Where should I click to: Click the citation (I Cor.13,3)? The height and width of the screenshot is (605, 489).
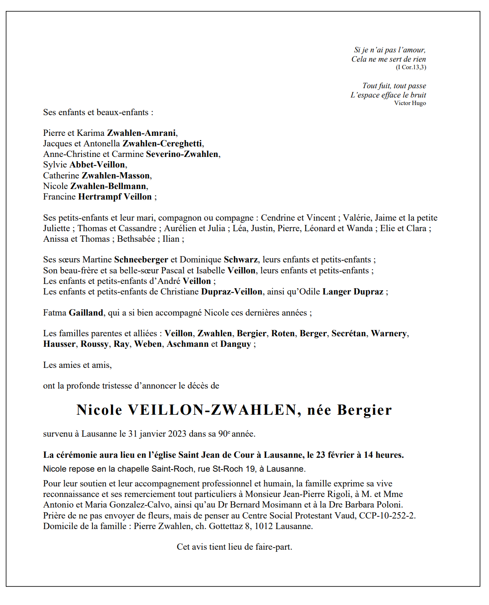410,68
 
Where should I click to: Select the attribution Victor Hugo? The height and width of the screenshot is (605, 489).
410,103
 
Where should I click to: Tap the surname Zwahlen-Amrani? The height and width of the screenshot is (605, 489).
141,133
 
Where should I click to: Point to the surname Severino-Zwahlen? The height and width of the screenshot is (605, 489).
182,154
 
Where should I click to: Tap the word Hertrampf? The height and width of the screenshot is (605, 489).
100,197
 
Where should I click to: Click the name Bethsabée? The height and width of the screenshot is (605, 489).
136,239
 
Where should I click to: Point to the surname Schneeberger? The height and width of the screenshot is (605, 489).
141,260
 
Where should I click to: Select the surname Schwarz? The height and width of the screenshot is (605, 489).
241,260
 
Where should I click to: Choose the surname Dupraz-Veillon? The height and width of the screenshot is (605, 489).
231,292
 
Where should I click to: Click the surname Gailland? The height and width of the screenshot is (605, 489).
86,313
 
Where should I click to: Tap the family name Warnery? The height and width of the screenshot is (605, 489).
388,334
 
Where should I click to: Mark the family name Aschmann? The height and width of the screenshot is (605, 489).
187,344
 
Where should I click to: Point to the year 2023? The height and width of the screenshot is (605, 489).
177,434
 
